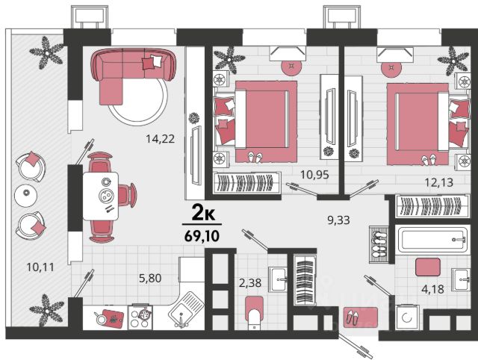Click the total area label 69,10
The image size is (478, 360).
point(202,235)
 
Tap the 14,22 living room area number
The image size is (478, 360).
point(160,139)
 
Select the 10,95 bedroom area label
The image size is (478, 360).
point(314,175)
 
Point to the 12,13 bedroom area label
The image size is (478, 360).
point(439,182)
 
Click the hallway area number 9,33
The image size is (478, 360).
point(338,220)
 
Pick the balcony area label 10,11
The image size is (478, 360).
point(40,267)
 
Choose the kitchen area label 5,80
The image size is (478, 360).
point(150,278)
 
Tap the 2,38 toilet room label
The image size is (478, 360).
point(250,283)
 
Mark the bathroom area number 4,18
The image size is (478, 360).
point(432,288)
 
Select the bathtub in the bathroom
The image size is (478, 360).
point(432,240)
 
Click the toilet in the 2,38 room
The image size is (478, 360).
point(254,314)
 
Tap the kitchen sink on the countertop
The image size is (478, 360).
point(186,309)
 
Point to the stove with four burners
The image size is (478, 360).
point(140,317)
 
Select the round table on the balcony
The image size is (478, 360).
point(26,193)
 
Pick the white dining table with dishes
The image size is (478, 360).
point(101,196)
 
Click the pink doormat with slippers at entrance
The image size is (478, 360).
point(361,317)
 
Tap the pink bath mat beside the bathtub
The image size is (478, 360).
point(428,267)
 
